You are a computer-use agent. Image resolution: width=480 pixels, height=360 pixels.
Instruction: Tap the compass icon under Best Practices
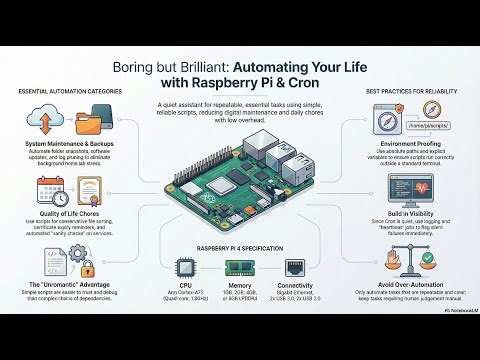(392, 125)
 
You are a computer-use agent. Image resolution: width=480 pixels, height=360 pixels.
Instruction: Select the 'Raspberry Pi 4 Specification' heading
(239, 246)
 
